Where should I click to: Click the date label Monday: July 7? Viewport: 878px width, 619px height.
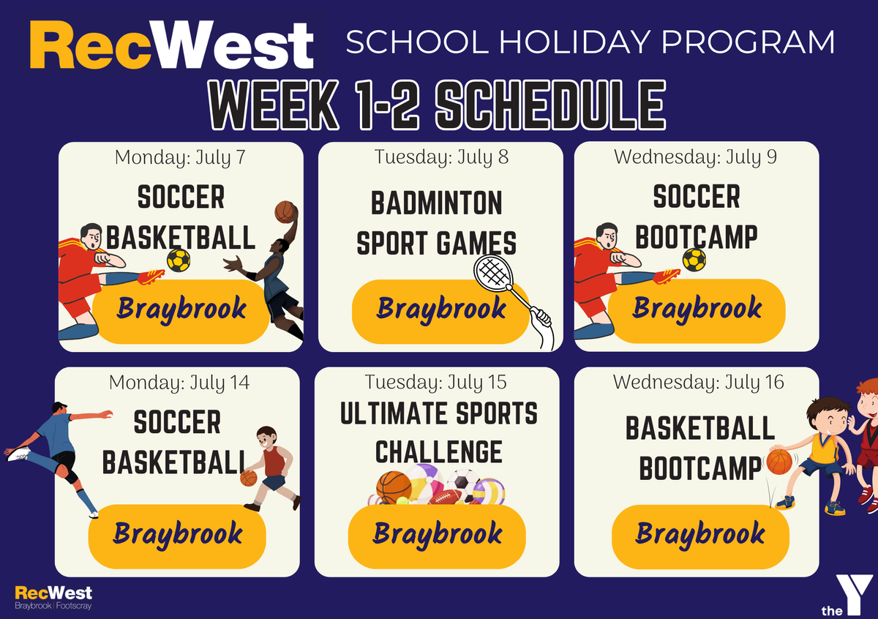180,158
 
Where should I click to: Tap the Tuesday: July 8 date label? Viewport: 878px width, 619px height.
441,157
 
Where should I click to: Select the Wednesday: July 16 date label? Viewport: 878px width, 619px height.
699,382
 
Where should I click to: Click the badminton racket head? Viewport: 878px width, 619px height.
493,271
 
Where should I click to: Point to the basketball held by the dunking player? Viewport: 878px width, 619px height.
285,211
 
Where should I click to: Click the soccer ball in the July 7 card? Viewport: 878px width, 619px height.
179,260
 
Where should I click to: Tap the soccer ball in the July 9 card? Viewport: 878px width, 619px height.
694,260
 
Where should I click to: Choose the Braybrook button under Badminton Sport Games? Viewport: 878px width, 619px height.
440,312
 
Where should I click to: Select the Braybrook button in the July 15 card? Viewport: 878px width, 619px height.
437,536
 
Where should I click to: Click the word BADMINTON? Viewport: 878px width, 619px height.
437,203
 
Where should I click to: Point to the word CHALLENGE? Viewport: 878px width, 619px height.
438,452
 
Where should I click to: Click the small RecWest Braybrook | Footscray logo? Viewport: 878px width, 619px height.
53,598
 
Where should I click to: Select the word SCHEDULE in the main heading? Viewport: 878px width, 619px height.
551,105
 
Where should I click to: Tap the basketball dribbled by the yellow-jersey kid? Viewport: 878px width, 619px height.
778,462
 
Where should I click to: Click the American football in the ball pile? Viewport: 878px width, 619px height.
445,497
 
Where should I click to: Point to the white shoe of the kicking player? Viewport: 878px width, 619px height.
18,454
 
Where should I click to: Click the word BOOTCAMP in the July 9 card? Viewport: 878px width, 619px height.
696,238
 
